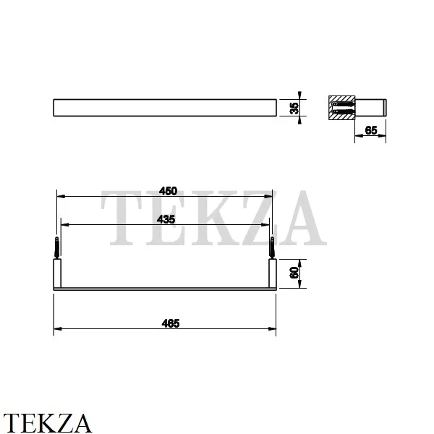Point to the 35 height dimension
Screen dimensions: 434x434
tap(294, 107)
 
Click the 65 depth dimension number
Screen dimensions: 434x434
tap(370, 130)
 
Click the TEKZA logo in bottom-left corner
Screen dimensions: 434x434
tap(48, 421)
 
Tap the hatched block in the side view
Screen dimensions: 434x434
tap(344, 107)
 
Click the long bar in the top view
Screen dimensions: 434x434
tap(165, 107)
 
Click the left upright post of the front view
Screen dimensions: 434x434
tap(57, 273)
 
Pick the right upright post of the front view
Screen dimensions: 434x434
tap(273, 273)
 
